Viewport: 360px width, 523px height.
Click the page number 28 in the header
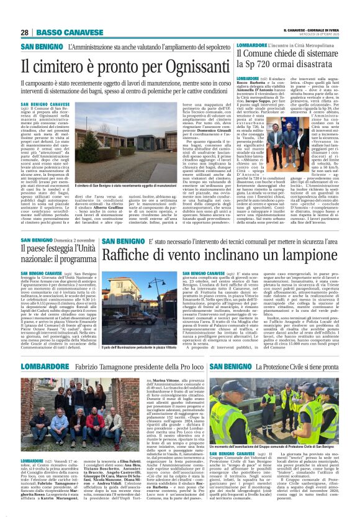[x=24, y=32]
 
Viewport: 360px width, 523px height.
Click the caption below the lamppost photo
[x=135, y=362]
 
